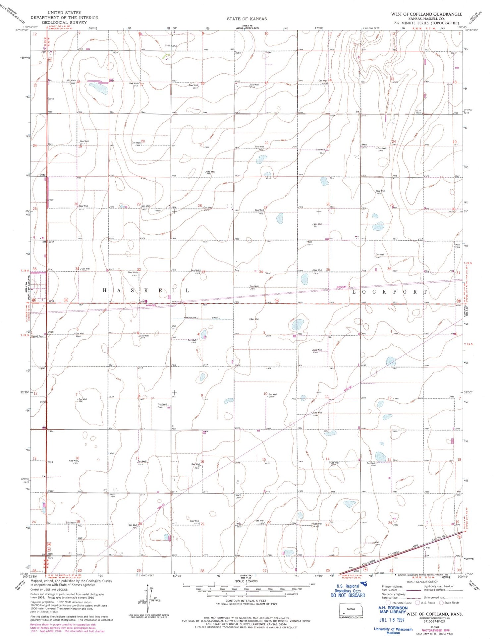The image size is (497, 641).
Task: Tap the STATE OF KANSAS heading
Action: (x=247, y=19)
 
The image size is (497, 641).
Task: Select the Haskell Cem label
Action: (x=37, y=336)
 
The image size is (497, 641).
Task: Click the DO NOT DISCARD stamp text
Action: (x=348, y=595)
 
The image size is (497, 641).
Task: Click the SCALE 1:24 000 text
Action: (x=246, y=581)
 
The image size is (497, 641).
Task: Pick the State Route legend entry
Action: (x=449, y=603)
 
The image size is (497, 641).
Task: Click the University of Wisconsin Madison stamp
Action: (x=393, y=631)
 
